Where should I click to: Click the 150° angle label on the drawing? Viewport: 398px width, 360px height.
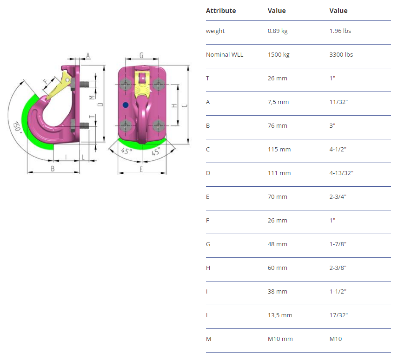tap(17, 127)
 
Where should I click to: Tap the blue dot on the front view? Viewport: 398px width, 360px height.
tap(126, 105)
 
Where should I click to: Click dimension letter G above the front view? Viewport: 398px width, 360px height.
tap(141, 55)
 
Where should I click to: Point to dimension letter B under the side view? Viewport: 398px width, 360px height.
tap(53, 168)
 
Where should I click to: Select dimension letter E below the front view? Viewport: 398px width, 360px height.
tap(141, 170)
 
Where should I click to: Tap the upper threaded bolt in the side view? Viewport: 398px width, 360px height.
tap(84, 84)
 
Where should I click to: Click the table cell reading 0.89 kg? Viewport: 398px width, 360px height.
tap(278, 31)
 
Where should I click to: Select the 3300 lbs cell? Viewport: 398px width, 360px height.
tap(341, 54)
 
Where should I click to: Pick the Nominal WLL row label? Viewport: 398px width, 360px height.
tap(225, 54)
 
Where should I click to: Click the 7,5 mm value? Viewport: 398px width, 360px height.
tap(278, 102)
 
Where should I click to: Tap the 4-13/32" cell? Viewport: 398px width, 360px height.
tap(341, 173)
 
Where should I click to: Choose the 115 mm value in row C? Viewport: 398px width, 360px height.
tap(279, 149)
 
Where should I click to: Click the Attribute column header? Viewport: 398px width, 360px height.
tap(221, 11)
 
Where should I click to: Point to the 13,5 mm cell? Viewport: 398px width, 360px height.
tap(280, 315)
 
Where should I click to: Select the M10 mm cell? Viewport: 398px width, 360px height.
tap(280, 339)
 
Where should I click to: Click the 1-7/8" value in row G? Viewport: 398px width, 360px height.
tap(338, 244)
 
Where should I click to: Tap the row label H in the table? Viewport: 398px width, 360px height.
tap(208, 268)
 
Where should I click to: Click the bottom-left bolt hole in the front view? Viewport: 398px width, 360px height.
tap(126, 125)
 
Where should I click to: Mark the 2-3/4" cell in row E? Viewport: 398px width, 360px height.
tap(338, 196)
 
